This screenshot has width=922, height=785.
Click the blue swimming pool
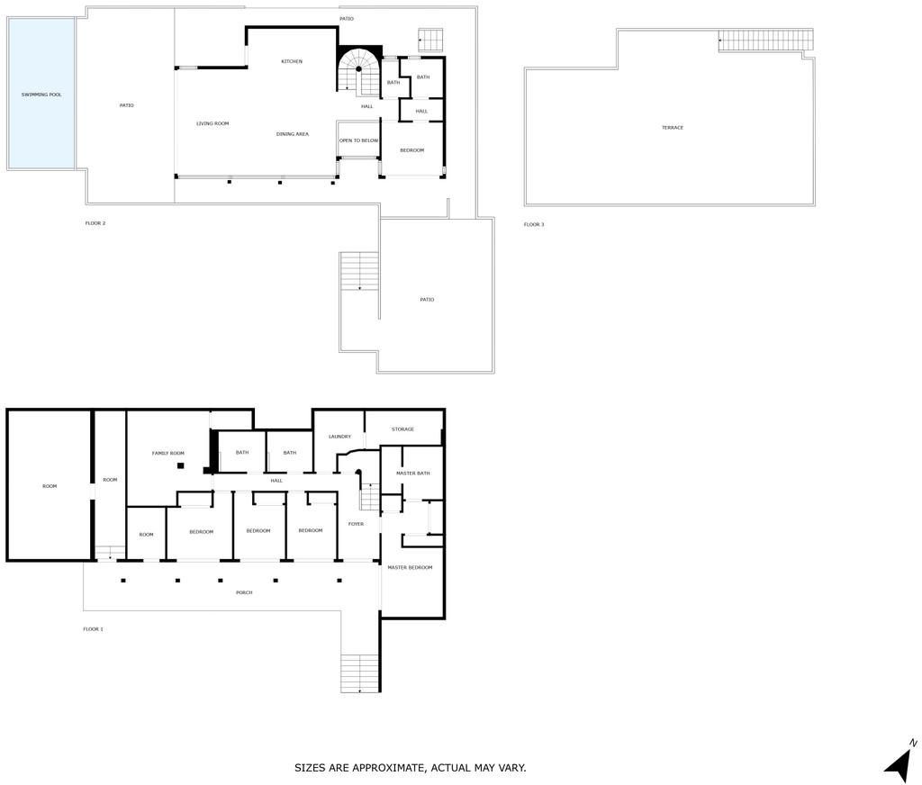(x=41, y=94)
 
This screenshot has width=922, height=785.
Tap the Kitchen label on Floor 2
(x=292, y=62)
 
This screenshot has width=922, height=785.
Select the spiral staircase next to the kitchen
(x=359, y=70)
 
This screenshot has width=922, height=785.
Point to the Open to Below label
(x=358, y=140)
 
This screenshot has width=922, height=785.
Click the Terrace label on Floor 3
(x=672, y=128)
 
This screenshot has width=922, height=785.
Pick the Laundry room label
(x=339, y=437)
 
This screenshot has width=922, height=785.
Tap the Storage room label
(x=402, y=429)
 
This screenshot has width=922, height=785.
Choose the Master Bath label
(x=412, y=474)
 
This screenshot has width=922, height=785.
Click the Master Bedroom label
(x=410, y=567)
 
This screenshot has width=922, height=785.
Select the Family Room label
(x=168, y=454)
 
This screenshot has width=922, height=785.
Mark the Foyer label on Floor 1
(x=356, y=524)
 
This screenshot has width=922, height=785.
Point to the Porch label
(x=244, y=592)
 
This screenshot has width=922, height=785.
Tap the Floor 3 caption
(x=534, y=225)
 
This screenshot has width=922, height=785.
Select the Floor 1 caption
(x=93, y=629)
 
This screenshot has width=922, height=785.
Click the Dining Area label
(x=293, y=134)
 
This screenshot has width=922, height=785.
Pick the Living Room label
(x=212, y=123)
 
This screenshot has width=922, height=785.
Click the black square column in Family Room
(x=180, y=465)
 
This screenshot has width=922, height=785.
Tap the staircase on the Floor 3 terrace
(x=766, y=41)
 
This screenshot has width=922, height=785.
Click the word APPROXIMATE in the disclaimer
(x=386, y=768)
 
